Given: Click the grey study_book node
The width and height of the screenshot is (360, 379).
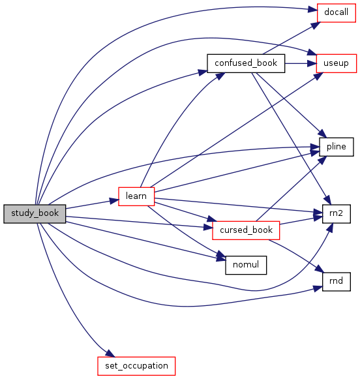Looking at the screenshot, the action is pos(35,214).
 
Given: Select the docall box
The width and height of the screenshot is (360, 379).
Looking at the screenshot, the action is pos(337,13).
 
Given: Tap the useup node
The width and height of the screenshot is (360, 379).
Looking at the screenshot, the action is pos(337,63).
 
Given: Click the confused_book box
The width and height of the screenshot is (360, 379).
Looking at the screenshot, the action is pos(246,63).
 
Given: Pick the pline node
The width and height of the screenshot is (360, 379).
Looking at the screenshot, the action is pos(337,147).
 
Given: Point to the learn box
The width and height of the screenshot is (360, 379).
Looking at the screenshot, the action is pos(136,196).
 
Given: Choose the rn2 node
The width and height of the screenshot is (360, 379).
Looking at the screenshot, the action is pos(337,214).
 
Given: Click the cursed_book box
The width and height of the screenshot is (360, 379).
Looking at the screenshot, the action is pos(246,230).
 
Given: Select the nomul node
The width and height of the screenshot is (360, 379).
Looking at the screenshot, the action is pos(246,265).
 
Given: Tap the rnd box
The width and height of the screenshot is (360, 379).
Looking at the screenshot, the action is pos(337,282).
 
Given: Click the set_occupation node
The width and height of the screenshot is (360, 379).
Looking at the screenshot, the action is pos(136,366).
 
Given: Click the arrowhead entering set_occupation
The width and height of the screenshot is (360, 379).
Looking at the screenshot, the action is pos(110,354).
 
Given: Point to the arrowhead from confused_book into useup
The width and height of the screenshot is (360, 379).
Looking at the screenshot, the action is pos(312,63).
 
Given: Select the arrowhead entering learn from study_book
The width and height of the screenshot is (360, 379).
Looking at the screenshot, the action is pos(114,201).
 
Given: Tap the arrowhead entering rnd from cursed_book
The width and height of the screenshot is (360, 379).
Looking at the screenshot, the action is pos(320,269).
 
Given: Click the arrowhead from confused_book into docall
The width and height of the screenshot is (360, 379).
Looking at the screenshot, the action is pos(316,25).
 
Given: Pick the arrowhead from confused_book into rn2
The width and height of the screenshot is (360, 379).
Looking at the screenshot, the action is pos(327,200).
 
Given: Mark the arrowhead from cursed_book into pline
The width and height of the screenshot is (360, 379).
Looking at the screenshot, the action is pos(323,160).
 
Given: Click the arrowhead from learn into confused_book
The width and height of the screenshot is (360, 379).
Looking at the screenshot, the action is pos(220,76).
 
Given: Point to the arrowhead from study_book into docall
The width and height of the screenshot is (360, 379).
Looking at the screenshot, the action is pos(312,10).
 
